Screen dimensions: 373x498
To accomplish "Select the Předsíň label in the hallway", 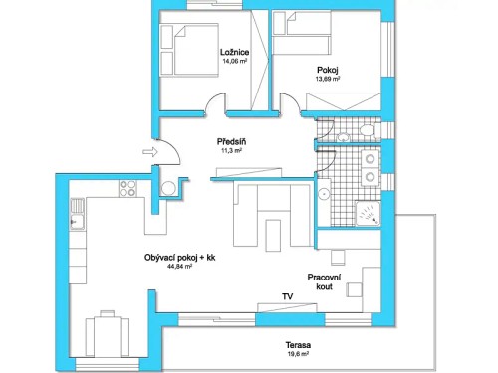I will pyautogui.click(x=231, y=141).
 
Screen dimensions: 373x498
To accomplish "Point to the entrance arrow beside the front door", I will pyautogui.click(x=149, y=152).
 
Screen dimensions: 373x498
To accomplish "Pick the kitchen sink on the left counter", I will pyautogui.click(x=75, y=220).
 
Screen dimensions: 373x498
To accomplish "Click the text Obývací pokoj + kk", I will pyautogui.click(x=179, y=258).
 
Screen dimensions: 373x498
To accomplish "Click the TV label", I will pyautogui.click(x=287, y=296).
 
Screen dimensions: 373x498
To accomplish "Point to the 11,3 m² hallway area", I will pyautogui.click(x=231, y=151).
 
